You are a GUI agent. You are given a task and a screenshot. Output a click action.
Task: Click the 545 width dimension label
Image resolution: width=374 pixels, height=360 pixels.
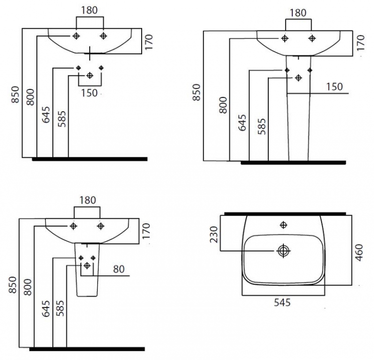[282, 303]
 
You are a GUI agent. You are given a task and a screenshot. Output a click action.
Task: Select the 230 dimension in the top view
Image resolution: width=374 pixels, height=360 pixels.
[214, 234]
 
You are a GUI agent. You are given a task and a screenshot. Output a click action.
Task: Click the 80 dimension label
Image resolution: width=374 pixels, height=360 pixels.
[119, 269]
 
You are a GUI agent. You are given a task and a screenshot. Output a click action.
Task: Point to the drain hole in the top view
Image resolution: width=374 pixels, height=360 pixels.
[283, 251]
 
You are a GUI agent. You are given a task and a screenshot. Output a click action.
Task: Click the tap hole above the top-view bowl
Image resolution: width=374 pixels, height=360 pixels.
[283, 225]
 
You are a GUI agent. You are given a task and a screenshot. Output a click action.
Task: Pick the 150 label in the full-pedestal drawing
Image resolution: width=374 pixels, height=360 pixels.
[335, 87]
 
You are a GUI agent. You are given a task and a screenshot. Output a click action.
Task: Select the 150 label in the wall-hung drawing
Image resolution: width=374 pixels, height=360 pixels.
[89, 93]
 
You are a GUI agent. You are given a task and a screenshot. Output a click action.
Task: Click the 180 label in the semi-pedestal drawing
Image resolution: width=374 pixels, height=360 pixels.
[88, 200]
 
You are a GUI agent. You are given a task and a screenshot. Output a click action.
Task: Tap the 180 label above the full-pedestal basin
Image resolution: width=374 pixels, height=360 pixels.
[298, 13]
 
